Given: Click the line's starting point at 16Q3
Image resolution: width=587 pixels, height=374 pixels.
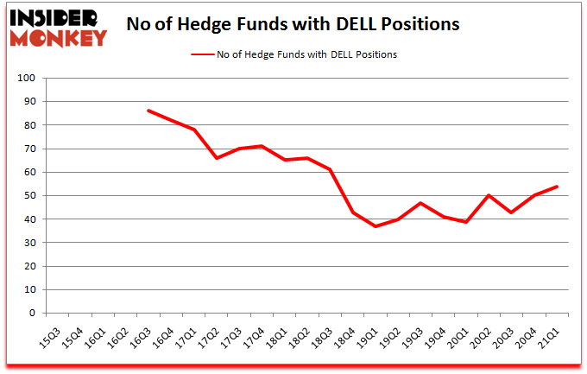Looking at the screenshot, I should click(148, 111).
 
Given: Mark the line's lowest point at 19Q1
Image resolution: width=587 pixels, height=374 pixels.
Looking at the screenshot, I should click(376, 226).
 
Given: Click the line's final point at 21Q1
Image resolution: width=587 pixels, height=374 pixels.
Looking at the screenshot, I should click(557, 187).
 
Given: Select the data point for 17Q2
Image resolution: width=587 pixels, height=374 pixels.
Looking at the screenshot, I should click(217, 158).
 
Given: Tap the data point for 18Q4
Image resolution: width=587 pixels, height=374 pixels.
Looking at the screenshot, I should click(353, 212).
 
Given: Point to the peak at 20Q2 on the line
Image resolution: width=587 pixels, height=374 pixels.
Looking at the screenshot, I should click(489, 195).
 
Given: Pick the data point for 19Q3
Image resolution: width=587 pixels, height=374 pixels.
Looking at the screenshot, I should click(421, 203).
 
